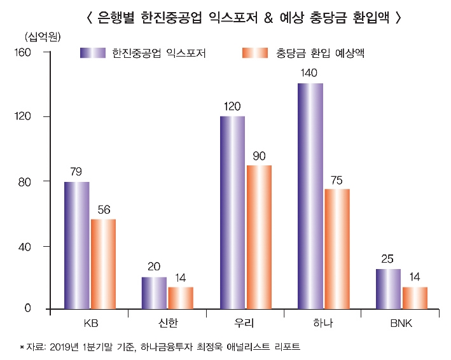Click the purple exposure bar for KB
coord(76,245)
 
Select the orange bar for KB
coord(103,264)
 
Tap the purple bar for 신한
coord(154,293)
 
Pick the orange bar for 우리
coord(259,237)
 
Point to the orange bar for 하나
coord(337,249)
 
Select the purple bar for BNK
coord(388,289)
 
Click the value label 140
coord(310,74)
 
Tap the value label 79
coord(76,172)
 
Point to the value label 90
coord(259,156)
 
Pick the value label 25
coord(388,260)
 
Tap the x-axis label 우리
coord(245,324)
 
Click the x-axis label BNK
coord(401,324)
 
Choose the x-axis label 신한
coord(167,324)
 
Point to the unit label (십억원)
coord(41,36)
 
